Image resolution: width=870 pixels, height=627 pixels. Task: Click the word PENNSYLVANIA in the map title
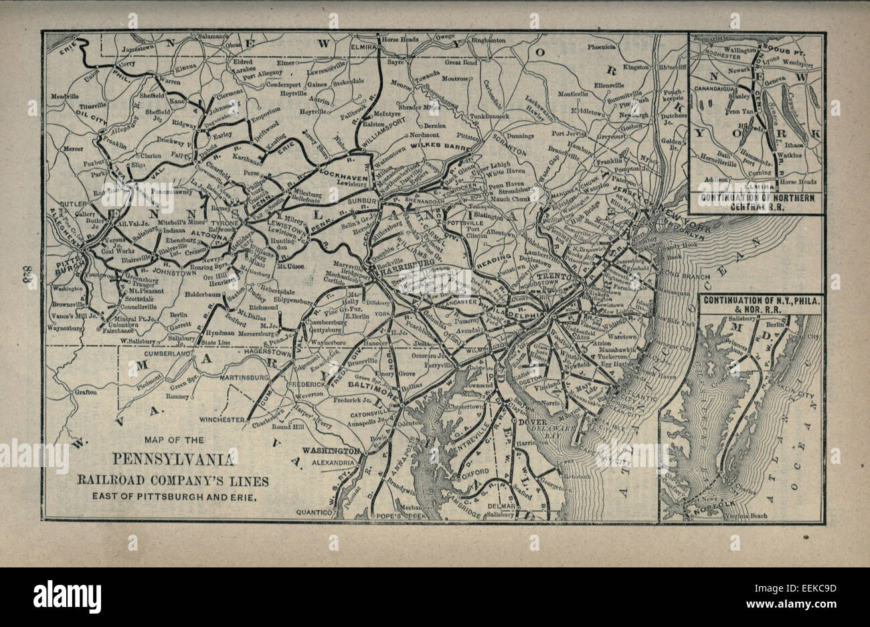(173, 460)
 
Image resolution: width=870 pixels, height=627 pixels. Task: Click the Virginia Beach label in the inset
(748, 515)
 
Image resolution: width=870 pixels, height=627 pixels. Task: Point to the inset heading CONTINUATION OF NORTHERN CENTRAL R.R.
(756, 201)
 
